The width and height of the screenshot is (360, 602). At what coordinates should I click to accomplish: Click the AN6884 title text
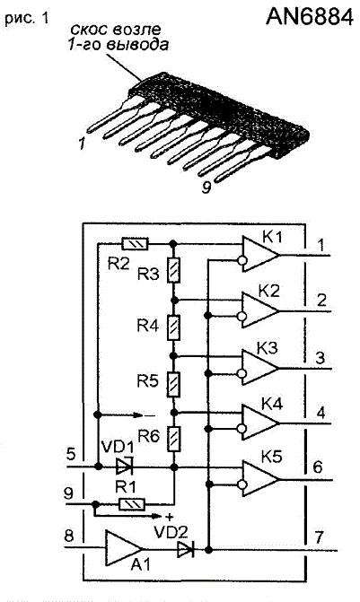click(310, 16)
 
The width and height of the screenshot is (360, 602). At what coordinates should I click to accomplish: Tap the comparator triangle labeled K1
click(259, 254)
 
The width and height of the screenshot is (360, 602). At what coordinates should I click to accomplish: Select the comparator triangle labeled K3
click(259, 368)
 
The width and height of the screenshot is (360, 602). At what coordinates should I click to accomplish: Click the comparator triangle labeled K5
click(259, 479)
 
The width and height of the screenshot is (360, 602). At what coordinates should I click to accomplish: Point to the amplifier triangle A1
click(124, 548)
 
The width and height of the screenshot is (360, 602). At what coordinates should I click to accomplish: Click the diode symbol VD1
click(124, 467)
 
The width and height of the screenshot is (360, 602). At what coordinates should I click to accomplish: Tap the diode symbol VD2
click(186, 550)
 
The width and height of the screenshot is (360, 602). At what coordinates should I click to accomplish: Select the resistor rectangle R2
click(135, 244)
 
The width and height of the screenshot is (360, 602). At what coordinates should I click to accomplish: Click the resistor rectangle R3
click(173, 271)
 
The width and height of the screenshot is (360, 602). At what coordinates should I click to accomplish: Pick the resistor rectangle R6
click(173, 439)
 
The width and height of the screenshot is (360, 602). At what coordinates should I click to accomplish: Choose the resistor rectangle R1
click(133, 504)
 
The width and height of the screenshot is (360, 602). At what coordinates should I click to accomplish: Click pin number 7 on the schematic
click(320, 537)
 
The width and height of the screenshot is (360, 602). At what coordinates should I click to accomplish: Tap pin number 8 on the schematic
click(69, 536)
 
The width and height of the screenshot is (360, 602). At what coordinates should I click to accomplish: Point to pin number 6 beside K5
click(318, 467)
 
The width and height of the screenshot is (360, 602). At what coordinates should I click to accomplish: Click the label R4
click(148, 326)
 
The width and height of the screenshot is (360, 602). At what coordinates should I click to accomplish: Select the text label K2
click(269, 292)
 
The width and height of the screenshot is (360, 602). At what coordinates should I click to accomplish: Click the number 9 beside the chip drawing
click(206, 188)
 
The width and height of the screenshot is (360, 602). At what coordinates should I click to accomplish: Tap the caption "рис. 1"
click(27, 19)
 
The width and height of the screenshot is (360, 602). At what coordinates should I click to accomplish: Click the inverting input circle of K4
click(241, 429)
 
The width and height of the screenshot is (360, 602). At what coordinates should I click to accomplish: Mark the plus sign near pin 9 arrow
click(166, 517)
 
